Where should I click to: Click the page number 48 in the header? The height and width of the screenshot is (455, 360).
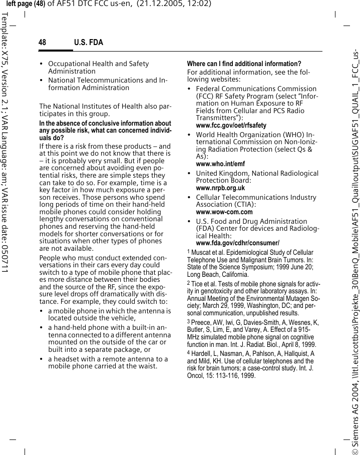click(42, 43)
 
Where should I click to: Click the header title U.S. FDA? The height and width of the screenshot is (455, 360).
click(88, 43)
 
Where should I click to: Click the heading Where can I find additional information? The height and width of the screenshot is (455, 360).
click(244, 64)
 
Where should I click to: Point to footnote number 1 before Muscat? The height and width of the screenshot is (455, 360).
click(188, 252)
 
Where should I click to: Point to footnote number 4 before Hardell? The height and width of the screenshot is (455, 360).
click(188, 353)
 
